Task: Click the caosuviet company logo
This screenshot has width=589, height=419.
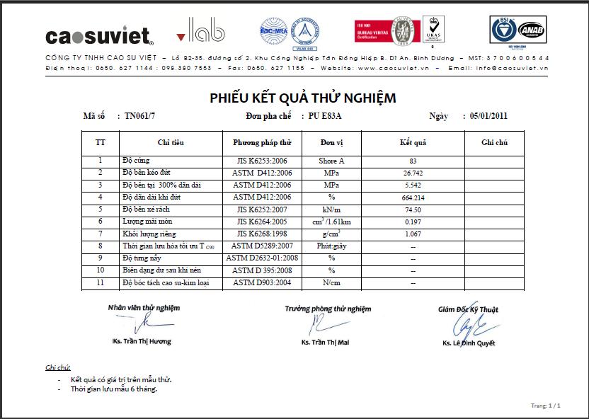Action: tap(99, 35)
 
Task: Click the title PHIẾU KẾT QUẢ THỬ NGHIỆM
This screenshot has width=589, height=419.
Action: tap(302, 98)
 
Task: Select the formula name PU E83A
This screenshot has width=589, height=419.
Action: tap(330, 116)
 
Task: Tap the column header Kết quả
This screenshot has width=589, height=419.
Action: tap(413, 143)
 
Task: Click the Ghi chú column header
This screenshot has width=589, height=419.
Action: tap(495, 143)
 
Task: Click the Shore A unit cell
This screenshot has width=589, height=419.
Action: tap(331, 161)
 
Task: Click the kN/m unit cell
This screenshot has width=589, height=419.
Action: tap(331, 209)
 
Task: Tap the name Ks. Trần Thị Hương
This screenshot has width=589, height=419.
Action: tap(142, 342)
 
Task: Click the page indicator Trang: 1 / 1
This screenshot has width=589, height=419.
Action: tap(545, 406)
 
